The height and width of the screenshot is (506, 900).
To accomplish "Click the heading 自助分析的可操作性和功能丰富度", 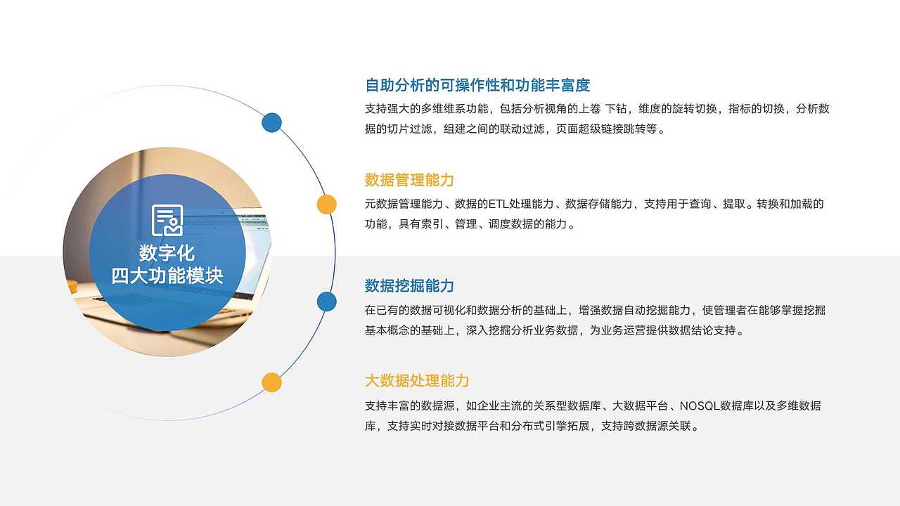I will [477, 86].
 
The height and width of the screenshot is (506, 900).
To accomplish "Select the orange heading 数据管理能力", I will [409, 180].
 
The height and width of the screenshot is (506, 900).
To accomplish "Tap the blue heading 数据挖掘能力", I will [409, 286].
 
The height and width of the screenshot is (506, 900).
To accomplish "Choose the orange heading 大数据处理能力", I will [417, 381].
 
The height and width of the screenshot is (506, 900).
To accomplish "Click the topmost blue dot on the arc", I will [271, 123].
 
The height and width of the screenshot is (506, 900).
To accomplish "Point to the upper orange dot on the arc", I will [326, 205].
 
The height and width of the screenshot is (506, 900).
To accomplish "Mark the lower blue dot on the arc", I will [326, 301].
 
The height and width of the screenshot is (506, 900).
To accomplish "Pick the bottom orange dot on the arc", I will [271, 382].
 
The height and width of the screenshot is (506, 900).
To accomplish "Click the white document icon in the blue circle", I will [167, 220].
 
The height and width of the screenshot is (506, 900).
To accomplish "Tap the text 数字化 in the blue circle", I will [167, 253].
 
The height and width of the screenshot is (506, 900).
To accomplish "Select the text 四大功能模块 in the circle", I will [167, 275].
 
